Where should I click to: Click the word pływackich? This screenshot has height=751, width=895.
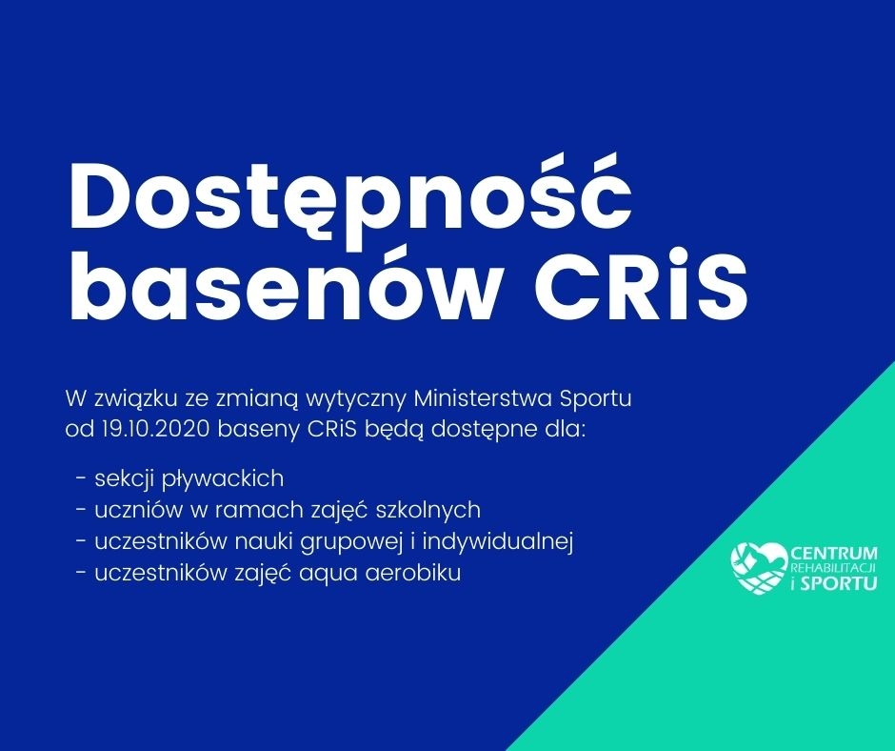pos(223,479)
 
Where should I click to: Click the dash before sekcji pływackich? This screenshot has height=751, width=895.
pos(81,479)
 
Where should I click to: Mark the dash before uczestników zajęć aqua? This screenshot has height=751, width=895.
pos(81,573)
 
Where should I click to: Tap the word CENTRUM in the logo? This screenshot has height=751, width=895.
pos(834,554)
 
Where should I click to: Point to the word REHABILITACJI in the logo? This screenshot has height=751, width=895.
pos(834,569)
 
